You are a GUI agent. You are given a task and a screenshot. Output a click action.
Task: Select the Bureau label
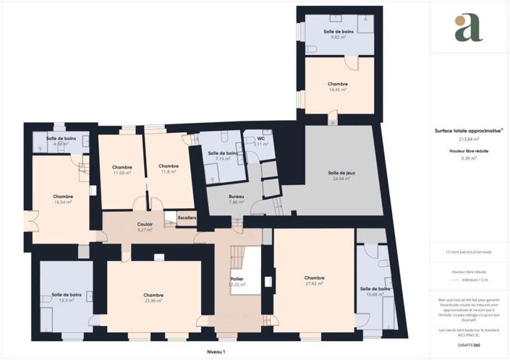click(x=237, y=197)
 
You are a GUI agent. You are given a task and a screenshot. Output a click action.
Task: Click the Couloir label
click(x=145, y=224)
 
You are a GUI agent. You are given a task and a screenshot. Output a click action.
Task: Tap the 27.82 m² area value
click(x=314, y=283)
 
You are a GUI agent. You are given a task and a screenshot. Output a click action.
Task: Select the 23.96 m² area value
click(x=153, y=301)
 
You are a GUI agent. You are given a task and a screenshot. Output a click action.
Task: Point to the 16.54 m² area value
click(x=63, y=202)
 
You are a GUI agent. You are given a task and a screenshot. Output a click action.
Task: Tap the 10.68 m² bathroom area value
click(x=375, y=294)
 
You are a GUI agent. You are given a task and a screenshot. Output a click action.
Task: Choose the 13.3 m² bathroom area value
click(x=66, y=301)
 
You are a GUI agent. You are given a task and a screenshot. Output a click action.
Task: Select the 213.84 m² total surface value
click(x=469, y=138)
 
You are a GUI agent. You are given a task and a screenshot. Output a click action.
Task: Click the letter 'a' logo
click(x=469, y=27)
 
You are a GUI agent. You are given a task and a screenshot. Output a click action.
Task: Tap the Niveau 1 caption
click(x=216, y=351)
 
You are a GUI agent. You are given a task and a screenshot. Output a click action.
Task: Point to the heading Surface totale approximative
click(x=468, y=131)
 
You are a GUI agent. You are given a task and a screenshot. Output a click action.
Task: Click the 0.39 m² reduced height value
click(x=469, y=158)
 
